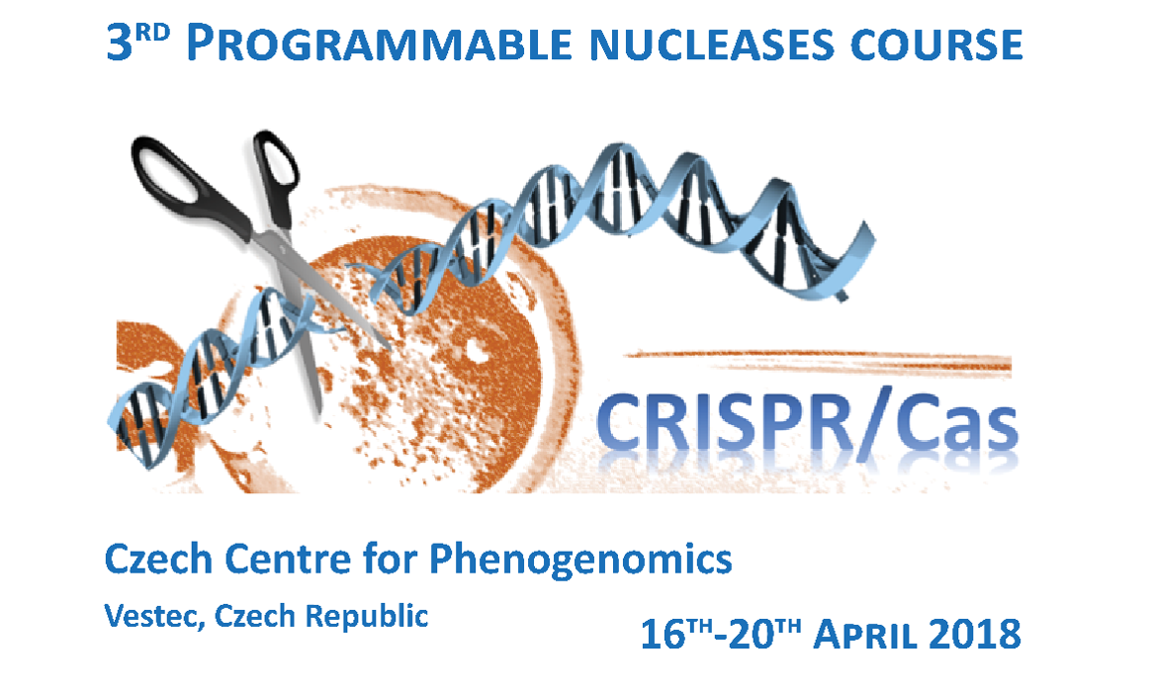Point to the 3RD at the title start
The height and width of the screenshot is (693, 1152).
pyautogui.click(x=138, y=45)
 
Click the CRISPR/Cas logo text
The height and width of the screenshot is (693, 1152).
pyautogui.click(x=806, y=422)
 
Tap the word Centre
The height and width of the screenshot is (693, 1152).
pyautogui.click(x=270, y=561)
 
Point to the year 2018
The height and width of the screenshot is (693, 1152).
pyautogui.click(x=969, y=634)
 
